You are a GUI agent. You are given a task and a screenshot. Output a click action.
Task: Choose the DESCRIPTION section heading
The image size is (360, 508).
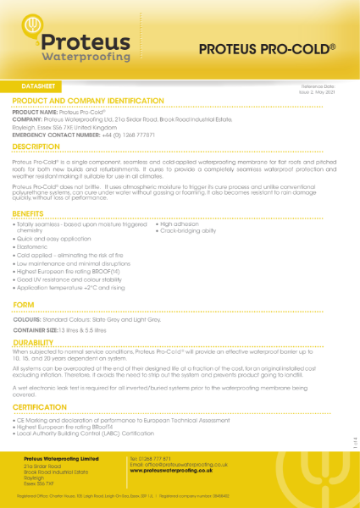pyautogui.click(x=42, y=146)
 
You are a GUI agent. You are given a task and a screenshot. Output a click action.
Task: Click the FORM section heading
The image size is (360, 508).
pyautogui.click(x=25, y=303)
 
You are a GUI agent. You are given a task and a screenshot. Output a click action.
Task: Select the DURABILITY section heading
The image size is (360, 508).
pyautogui.click(x=39, y=342)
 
